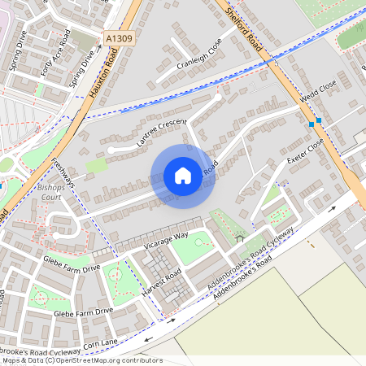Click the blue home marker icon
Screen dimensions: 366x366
click(183, 176)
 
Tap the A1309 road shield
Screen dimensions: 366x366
click(118, 37)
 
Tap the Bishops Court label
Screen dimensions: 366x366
click(50, 192)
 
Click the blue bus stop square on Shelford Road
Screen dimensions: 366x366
click(311, 124)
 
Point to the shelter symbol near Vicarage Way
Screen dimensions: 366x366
click(239, 239)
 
